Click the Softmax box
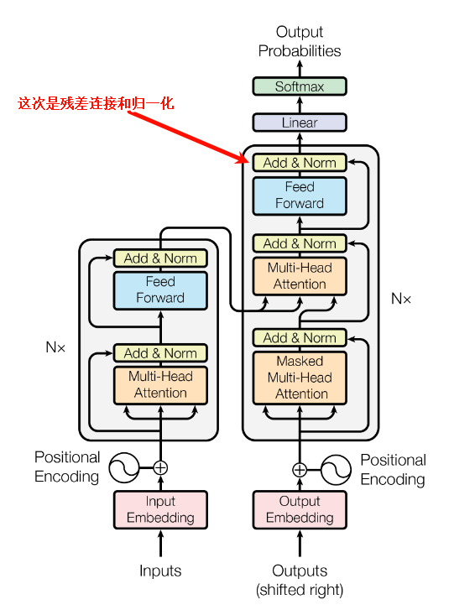[300, 86]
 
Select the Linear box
[300, 123]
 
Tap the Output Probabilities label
[300, 41]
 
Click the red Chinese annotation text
[96, 104]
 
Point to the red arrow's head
[245, 158]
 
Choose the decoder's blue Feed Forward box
[300, 195]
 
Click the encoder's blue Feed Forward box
[160, 289]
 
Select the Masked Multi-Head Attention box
[300, 378]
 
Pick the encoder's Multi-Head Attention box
[160, 384]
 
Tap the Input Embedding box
[160, 509]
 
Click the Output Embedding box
[300, 509]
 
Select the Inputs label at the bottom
[160, 571]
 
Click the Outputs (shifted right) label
[300, 580]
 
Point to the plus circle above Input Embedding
[160, 468]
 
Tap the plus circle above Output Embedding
[300, 470]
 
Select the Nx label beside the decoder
[401, 299]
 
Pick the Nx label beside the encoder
[55, 346]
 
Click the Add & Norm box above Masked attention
[300, 337]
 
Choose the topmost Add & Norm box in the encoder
[160, 258]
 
